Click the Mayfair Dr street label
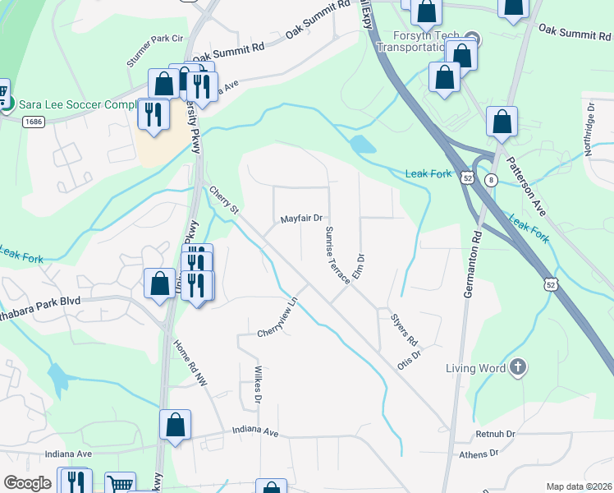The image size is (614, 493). coord(301,219)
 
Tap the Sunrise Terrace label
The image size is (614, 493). coord(337,255)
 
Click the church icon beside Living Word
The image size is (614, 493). coord(517,367)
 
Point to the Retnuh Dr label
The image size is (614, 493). coord(493,433)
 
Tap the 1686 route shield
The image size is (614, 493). coord(33,122)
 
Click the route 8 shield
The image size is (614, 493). coord(491,180)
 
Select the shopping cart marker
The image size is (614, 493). coord(120,485)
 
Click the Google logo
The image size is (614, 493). coord(27,483)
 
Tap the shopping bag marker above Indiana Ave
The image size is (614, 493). coord(175,425)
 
